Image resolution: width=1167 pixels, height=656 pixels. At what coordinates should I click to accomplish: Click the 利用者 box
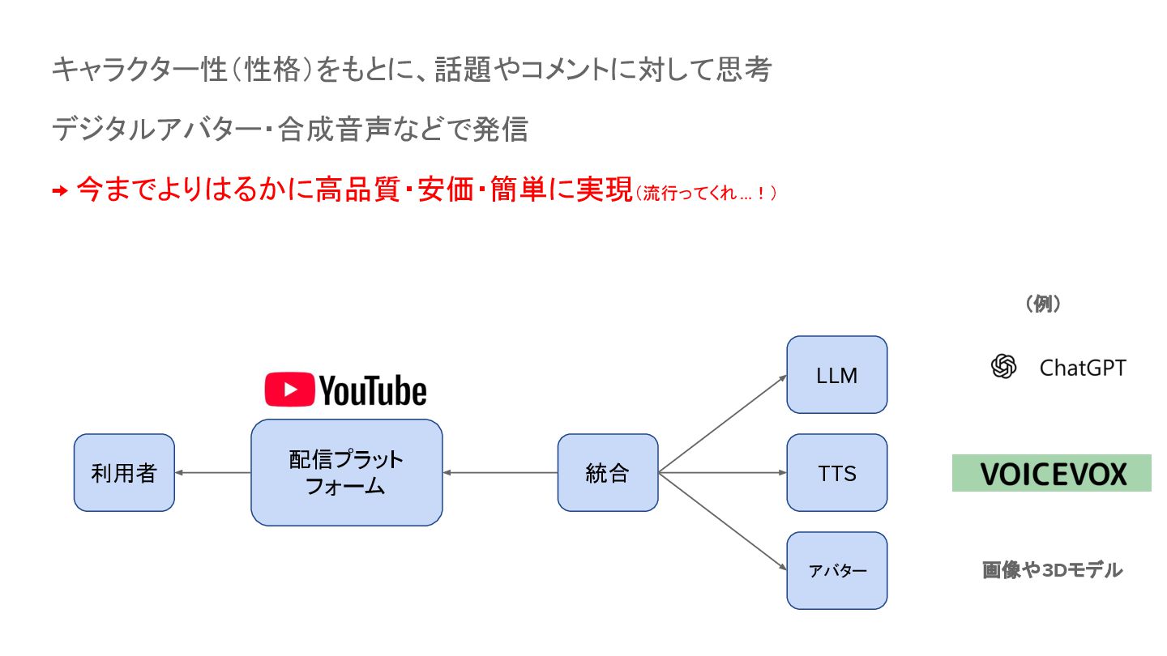124,473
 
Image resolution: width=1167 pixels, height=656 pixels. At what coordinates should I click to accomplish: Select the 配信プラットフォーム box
346,473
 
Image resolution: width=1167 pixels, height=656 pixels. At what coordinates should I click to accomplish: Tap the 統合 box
607,473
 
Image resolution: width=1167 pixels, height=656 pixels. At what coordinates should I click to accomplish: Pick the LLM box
836,375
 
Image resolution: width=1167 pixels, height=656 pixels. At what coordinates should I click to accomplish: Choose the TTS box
836,473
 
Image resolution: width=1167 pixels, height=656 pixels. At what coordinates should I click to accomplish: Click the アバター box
836,571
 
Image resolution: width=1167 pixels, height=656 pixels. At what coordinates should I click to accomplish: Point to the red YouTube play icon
289,390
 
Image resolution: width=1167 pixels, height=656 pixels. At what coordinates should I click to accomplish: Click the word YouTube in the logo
373,390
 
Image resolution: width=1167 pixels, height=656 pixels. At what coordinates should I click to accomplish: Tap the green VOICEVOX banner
1051,474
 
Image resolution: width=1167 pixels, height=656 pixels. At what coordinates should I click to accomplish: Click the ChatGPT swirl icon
1003,368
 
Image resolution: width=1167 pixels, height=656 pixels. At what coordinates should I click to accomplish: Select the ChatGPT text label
1082,368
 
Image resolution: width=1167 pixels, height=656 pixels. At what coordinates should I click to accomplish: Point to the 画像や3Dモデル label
1052,570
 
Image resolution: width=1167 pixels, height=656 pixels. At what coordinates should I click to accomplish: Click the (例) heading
1043,305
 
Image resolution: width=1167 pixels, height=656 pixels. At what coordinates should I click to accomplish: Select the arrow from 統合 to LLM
722,424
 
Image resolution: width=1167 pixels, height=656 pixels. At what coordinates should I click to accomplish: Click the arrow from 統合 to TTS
722,473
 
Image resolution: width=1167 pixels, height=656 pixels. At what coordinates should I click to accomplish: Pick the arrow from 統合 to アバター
722,522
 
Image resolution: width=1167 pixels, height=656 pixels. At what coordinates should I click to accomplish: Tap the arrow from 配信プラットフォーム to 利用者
212,473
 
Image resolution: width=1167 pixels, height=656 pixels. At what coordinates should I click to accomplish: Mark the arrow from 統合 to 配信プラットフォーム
500,473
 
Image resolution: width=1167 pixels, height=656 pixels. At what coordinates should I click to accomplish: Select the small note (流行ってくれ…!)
706,194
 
